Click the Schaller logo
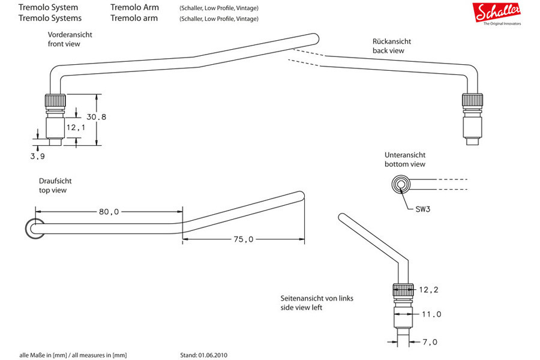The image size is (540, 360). [497, 13]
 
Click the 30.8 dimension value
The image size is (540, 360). [97, 117]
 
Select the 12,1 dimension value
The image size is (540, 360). [76, 128]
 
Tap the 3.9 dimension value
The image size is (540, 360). [38, 157]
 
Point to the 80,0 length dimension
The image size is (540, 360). [109, 212]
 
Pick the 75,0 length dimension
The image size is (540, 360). [243, 239]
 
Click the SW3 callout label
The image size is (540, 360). [423, 209]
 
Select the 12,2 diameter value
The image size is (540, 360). [429, 290]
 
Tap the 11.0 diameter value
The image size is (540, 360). [431, 314]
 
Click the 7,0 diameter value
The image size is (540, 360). [430, 342]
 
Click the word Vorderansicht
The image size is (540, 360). [70, 35]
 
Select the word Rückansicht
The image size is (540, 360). [392, 41]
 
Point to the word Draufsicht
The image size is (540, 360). [55, 181]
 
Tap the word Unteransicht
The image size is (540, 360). [405, 155]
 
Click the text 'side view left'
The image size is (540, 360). [301, 308]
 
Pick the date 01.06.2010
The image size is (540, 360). [212, 355]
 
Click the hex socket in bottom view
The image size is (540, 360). [401, 184]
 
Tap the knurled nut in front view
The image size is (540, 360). [55, 100]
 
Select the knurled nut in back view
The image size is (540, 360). [472, 100]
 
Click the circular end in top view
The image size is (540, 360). [35, 229]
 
